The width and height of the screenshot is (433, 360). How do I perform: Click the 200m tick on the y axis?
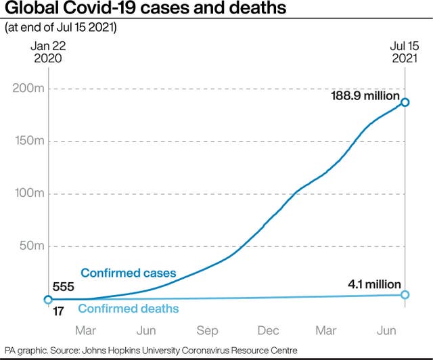(26, 89)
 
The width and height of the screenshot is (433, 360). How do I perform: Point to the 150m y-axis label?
(26, 141)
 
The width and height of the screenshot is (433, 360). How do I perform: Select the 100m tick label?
(26, 194)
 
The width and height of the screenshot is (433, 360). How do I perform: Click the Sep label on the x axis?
(207, 331)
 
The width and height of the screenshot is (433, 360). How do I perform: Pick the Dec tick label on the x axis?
(269, 331)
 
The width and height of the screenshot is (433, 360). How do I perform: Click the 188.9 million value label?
(365, 95)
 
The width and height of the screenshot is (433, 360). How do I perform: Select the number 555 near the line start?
(64, 287)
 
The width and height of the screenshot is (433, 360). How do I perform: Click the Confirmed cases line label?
(128, 273)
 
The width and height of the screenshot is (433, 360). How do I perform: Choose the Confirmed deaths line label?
(128, 309)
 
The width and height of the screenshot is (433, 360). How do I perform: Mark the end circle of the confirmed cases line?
(405, 102)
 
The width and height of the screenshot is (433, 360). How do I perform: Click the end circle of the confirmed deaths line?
(405, 294)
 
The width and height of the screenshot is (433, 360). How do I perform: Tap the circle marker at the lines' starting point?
(47, 299)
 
